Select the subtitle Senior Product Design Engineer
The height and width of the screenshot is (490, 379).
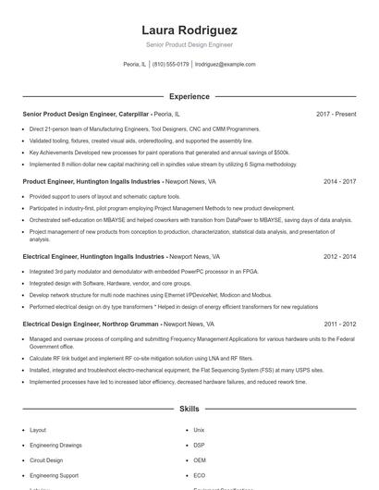pos(189,44)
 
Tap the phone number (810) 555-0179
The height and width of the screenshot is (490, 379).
pos(170,64)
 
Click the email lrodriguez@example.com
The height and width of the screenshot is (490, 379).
pos(226,64)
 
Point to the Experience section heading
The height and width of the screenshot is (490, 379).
pos(189,96)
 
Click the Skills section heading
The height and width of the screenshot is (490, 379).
pos(189,408)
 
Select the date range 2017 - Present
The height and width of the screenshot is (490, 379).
pos(336,114)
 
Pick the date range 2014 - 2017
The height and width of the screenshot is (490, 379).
pos(339,182)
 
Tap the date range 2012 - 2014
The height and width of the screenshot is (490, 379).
pos(339,256)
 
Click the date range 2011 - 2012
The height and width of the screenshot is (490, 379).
pos(339,325)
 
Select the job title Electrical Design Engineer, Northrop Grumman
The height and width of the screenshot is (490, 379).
pos(91,325)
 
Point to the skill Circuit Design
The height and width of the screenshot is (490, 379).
pos(46,459)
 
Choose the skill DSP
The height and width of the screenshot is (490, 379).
pos(199,445)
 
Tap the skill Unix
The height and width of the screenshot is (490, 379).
pos(199,430)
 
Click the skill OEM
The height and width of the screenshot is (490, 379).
pos(200,459)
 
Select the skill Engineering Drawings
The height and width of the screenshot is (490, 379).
pos(55,445)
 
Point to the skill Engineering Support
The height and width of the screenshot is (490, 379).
pos(53,474)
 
